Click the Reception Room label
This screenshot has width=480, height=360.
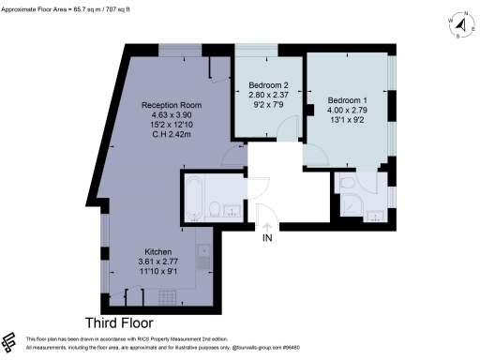166,104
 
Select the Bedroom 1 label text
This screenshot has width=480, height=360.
348,98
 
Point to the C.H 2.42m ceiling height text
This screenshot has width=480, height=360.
166,135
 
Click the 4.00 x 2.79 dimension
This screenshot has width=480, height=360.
348,109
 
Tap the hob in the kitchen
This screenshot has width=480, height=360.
170,297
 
